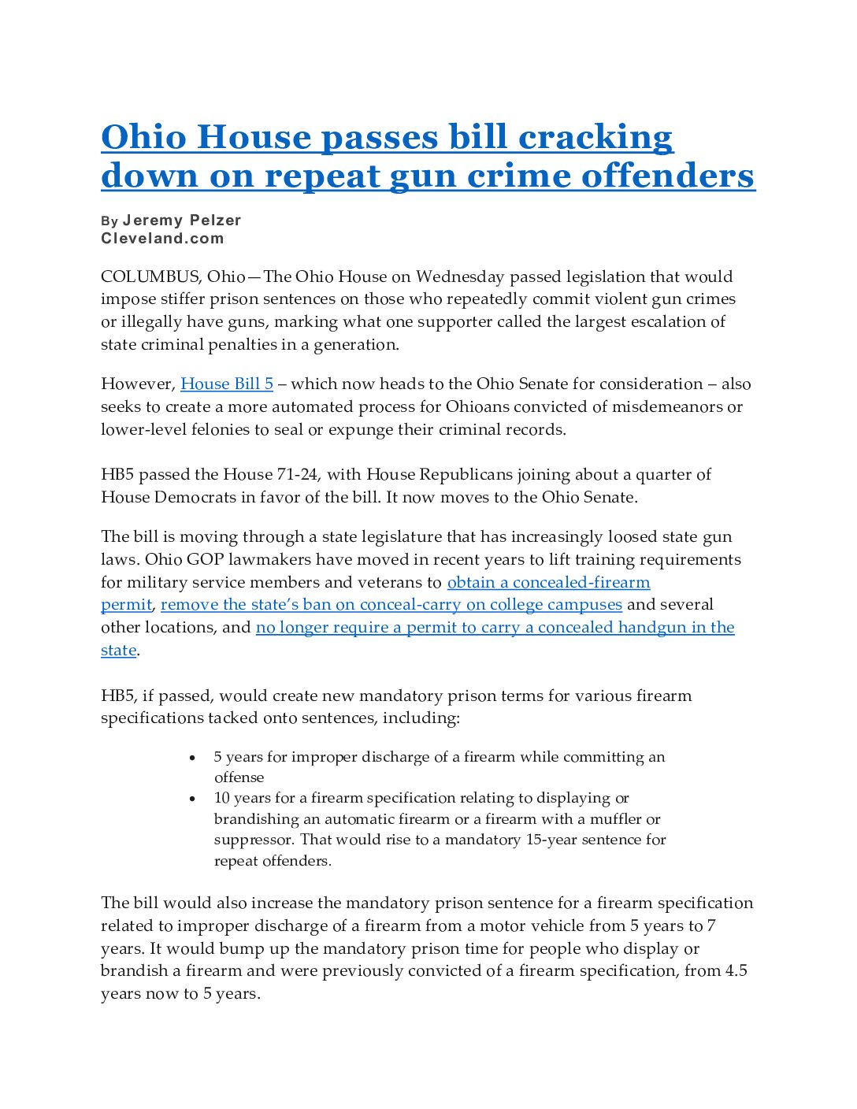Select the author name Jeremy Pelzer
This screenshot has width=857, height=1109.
pos(182,221)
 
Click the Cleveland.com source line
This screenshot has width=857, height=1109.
pos(162,239)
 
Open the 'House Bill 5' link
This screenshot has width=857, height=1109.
pos(227,384)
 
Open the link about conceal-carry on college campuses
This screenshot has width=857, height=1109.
pos(391,605)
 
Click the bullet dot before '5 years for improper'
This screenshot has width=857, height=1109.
pos(193,758)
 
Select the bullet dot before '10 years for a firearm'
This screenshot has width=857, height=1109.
pos(193,799)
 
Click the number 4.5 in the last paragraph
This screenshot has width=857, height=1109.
pos(736,971)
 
